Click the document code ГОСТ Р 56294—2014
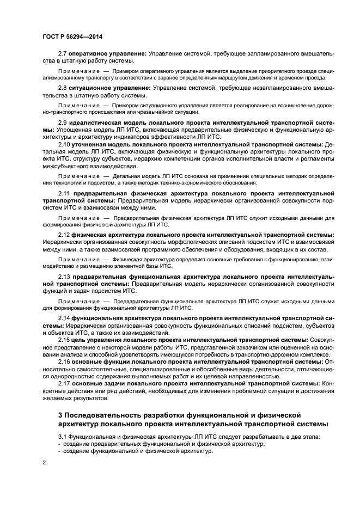point(72,36)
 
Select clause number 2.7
point(63,53)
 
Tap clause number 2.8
point(63,88)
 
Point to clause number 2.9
point(63,123)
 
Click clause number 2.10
point(64,144)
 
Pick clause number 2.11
point(64,193)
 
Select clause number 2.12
point(64,235)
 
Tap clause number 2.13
point(64,277)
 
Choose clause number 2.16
point(64,361)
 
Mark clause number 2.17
point(64,383)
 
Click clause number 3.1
point(63,437)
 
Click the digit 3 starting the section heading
point(60,415)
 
